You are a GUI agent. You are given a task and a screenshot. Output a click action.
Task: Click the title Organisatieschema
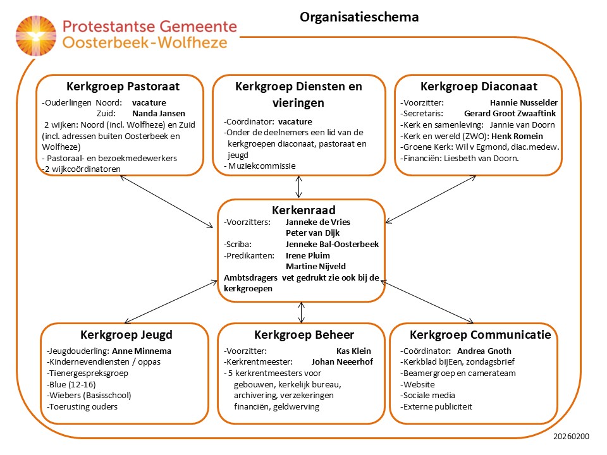tap(359, 17)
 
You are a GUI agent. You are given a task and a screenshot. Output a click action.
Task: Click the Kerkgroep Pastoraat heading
tap(123, 87)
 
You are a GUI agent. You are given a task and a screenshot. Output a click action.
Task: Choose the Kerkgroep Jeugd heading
tap(126, 335)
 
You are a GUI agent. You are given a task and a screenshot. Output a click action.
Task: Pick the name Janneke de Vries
tap(317, 222)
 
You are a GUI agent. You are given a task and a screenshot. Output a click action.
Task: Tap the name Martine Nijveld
tap(316, 266)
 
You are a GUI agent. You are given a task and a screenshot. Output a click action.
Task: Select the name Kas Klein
tap(353, 351)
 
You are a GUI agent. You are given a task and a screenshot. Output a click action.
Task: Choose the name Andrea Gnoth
tap(484, 351)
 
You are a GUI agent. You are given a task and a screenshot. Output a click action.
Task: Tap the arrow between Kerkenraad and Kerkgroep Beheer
tap(302, 312)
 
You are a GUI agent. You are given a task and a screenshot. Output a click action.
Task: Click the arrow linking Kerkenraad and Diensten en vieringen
tap(299, 187)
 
